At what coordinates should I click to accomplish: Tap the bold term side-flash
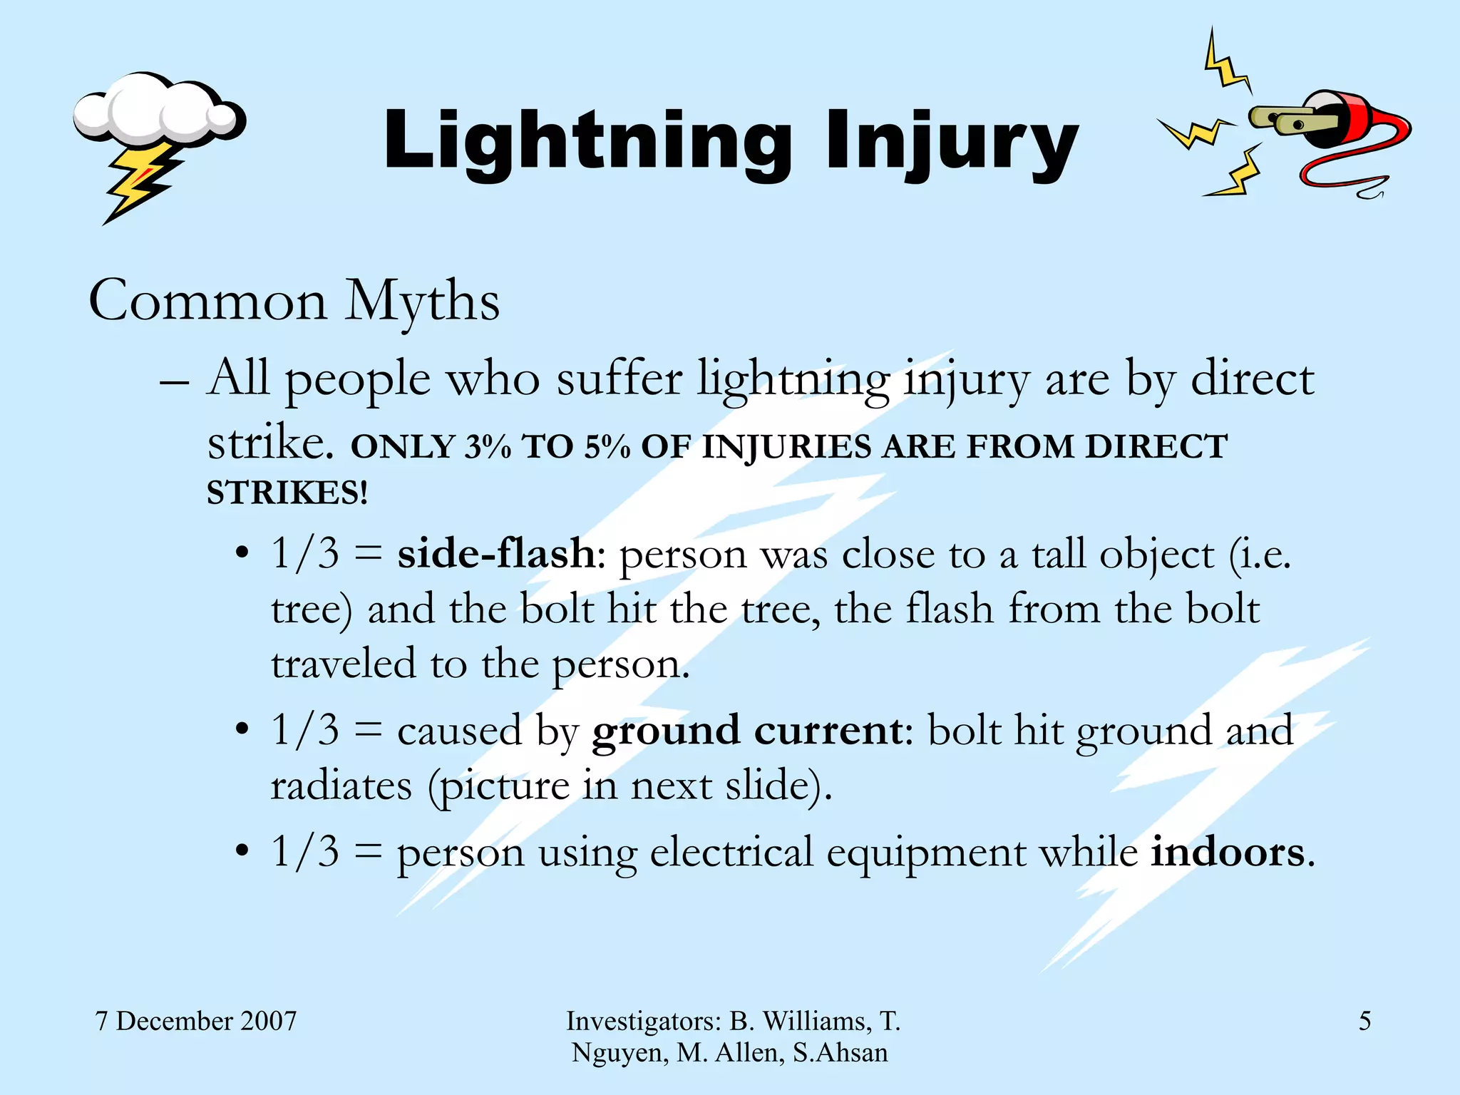(496, 554)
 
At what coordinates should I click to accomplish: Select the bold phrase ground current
(748, 731)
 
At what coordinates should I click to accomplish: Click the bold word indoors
(1228, 852)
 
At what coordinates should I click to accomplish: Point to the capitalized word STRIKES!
(287, 493)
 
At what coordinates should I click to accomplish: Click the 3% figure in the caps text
(488, 448)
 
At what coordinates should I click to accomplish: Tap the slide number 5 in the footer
(1364, 1021)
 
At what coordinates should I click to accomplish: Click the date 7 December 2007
(195, 1021)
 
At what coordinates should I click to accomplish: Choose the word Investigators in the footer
(643, 1021)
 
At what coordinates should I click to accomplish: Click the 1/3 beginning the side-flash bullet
(305, 554)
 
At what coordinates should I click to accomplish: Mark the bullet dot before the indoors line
(242, 851)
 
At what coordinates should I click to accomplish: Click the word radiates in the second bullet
(341, 786)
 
